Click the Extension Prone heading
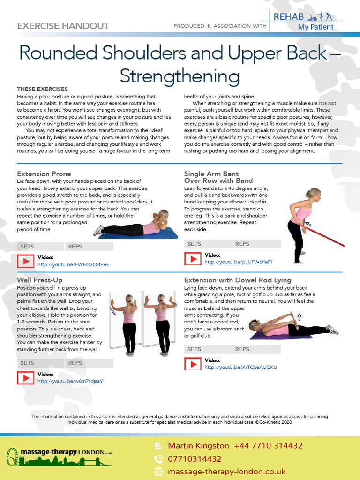coord(44,174)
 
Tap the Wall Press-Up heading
coord(39,280)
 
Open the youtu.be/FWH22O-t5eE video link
coord(73,264)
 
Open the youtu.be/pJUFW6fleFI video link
coord(238,262)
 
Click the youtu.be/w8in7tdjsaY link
coord(70,381)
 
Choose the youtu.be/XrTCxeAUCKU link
coord(240,367)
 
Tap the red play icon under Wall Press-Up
coord(25,378)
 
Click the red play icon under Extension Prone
coord(25,261)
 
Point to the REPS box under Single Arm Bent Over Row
coord(256,244)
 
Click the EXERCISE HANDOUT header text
coord(63,26)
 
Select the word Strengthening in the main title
coord(180,76)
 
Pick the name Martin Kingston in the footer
coord(198,445)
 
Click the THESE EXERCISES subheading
coord(42,89)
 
